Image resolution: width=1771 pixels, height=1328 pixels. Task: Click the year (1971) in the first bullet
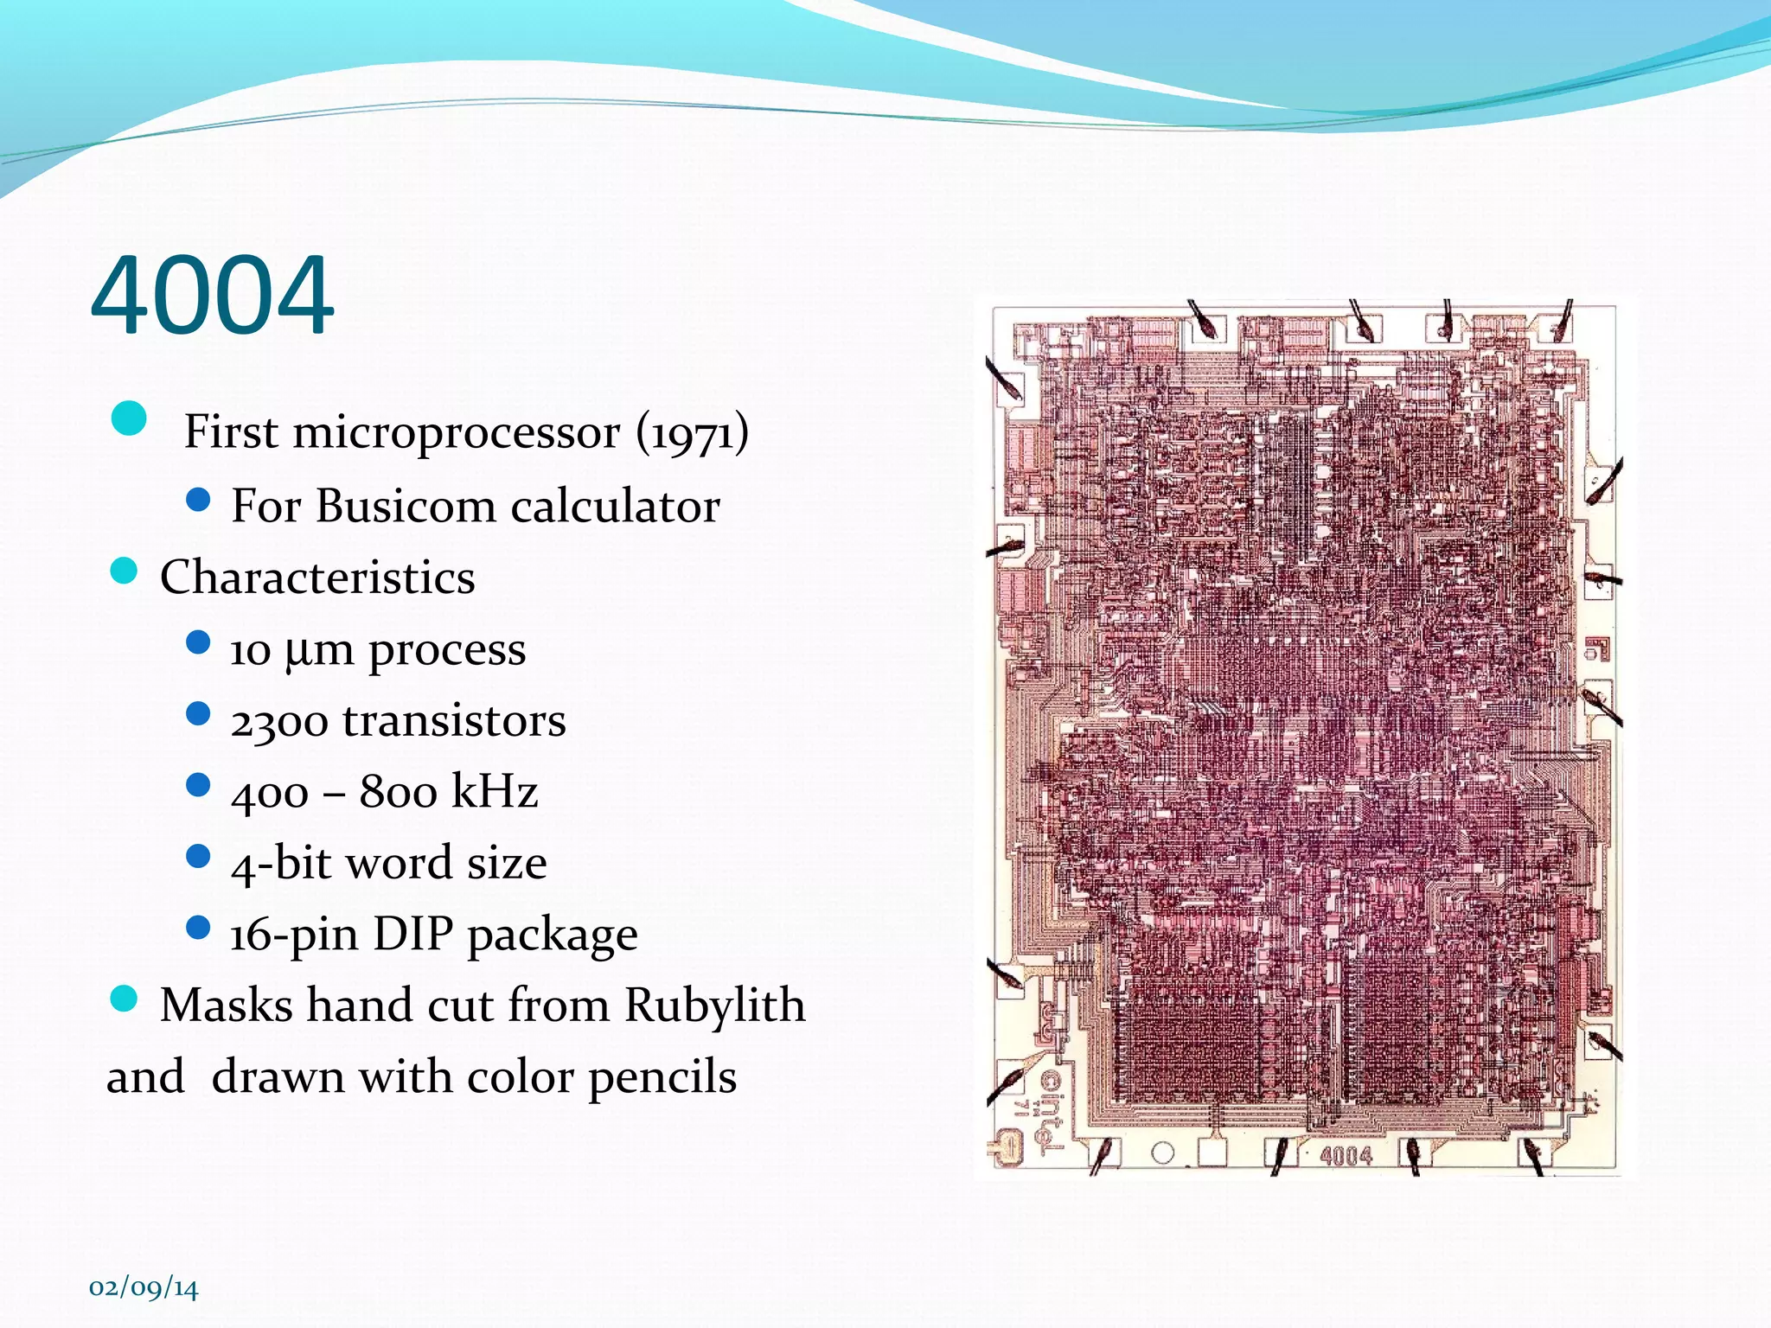(692, 432)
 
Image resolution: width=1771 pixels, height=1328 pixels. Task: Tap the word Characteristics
(317, 578)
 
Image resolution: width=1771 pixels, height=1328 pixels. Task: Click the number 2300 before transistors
(278, 722)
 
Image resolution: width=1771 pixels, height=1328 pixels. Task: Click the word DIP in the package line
(412, 935)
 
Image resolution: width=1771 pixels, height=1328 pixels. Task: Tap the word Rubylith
(714, 1006)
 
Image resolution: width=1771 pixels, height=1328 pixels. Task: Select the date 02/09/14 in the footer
(144, 1287)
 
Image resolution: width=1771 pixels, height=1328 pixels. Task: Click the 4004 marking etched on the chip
(1346, 1156)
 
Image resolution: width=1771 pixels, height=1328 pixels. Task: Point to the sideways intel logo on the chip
(1050, 1111)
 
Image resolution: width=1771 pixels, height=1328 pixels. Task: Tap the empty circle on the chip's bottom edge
(1163, 1152)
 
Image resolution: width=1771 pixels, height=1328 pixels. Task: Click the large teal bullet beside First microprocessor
(129, 419)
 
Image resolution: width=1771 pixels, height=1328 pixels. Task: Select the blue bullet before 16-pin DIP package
(198, 929)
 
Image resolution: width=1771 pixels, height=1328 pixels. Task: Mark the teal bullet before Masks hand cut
(125, 999)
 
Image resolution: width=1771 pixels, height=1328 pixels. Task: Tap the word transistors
(454, 722)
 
